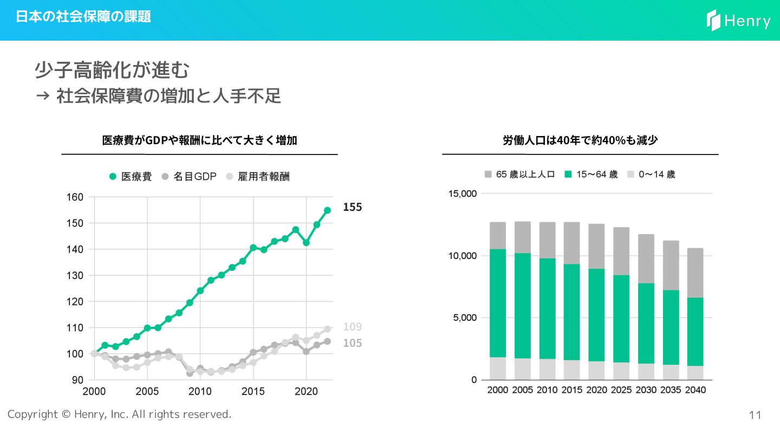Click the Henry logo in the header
738,21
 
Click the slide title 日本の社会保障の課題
83,17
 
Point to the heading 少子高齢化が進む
112,70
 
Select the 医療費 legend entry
131,177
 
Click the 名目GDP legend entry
189,177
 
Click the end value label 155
352,207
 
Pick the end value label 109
352,327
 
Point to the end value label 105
352,343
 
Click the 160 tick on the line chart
75,197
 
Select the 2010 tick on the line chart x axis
200,391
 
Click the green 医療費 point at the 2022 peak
327,210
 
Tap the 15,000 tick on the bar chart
462,193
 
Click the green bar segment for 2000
498,303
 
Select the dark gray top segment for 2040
695,273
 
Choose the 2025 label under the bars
621,390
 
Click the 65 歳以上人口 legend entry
519,175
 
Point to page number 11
755,416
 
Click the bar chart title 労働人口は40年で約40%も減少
580,140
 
